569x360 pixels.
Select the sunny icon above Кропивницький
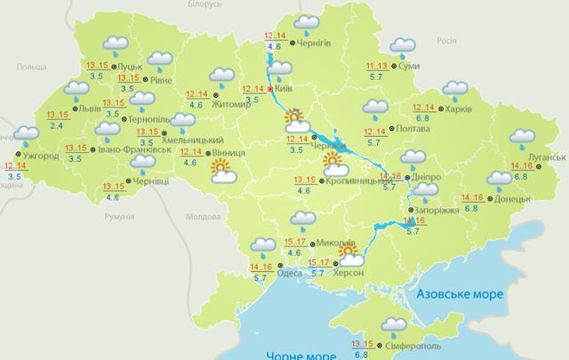pyautogui.click(x=334, y=162)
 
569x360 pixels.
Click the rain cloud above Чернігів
pyautogui.click(x=307, y=23)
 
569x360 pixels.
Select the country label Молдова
pyautogui.click(x=203, y=216)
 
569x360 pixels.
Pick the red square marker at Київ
pyautogui.click(x=270, y=89)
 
